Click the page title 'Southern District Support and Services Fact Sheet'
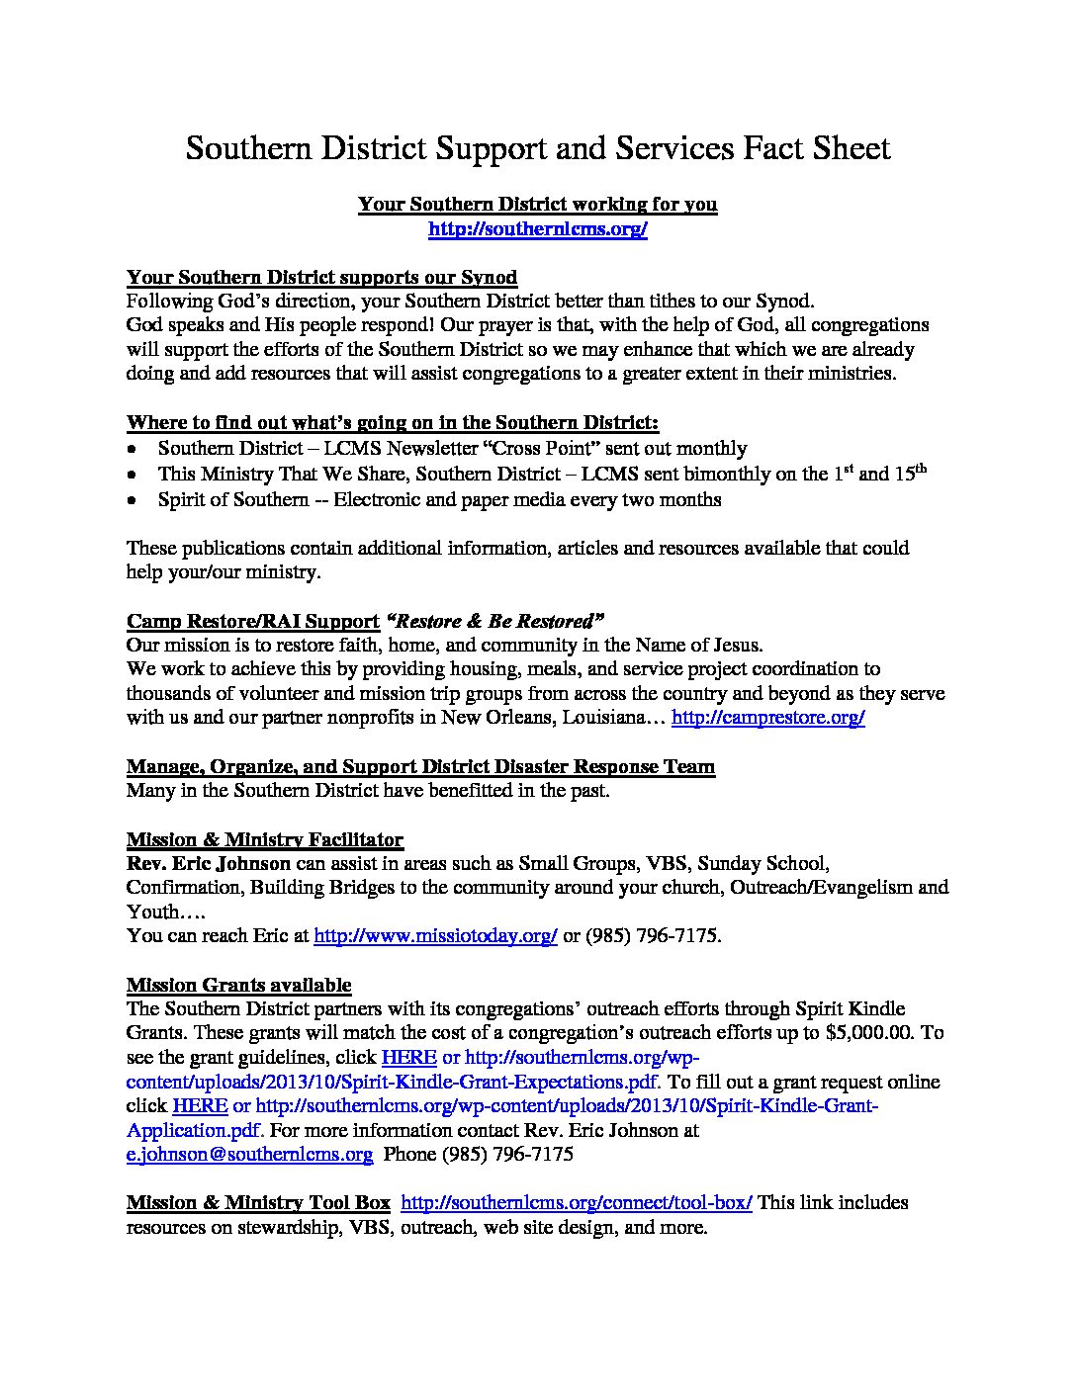pyautogui.click(x=538, y=148)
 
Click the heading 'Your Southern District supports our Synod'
pyautogui.click(x=321, y=277)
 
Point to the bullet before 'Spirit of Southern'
pyautogui.click(x=133, y=500)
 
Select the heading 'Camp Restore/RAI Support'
pyautogui.click(x=253, y=621)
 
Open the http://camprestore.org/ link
pyautogui.click(x=767, y=718)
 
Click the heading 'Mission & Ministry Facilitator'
pyautogui.click(x=265, y=840)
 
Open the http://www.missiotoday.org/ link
pyautogui.click(x=435, y=935)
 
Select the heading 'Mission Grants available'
pyautogui.click(x=238, y=985)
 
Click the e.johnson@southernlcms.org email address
pyautogui.click(x=249, y=1154)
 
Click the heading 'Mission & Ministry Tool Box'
pyautogui.click(x=258, y=1203)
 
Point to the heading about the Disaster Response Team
pyautogui.click(x=420, y=767)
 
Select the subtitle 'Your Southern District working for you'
pyautogui.click(x=537, y=205)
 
